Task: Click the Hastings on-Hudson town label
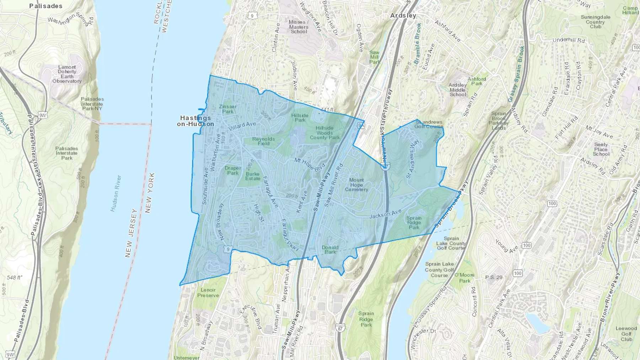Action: click(x=196, y=121)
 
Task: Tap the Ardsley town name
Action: click(x=403, y=16)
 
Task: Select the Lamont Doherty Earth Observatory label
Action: click(x=67, y=74)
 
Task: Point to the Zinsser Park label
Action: click(x=228, y=109)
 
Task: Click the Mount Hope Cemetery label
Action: click(x=356, y=185)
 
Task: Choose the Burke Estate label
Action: click(x=252, y=176)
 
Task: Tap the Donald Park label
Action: click(x=330, y=249)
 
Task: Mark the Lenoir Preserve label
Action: click(x=208, y=292)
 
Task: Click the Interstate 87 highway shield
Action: click(x=341, y=328)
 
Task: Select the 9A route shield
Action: click(x=361, y=125)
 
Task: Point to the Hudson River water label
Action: click(x=116, y=193)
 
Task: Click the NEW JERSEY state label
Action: click(x=131, y=233)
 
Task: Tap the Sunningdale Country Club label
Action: click(x=596, y=22)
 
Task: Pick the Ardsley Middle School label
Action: click(x=458, y=90)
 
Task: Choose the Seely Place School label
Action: click(x=601, y=149)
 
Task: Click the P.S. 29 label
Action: click(x=494, y=277)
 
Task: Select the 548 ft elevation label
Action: click(x=14, y=278)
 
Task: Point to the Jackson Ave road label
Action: click(x=385, y=214)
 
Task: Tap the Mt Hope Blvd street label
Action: click(x=310, y=165)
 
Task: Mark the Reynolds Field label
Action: click(x=263, y=141)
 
